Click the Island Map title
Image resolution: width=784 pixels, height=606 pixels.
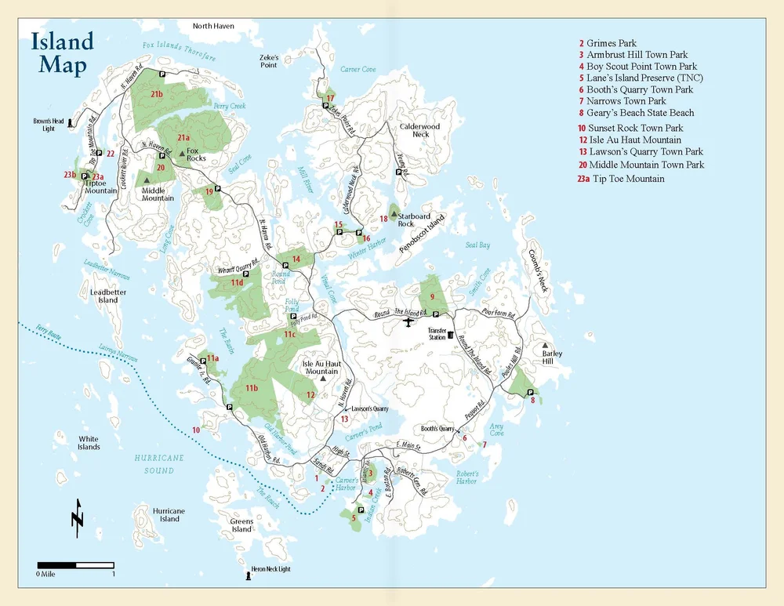[x=62, y=53]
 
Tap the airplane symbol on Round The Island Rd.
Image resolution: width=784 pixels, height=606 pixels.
[x=407, y=321]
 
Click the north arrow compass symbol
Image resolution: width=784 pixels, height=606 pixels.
[x=77, y=518]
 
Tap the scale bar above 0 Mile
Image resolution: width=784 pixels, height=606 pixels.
[x=76, y=564]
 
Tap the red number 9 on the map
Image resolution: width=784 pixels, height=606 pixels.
[x=432, y=296]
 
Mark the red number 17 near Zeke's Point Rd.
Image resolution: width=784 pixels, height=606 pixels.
[x=330, y=98]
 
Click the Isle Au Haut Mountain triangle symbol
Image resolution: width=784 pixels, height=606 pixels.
[x=322, y=379]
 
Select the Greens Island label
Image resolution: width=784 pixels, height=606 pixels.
[x=241, y=525]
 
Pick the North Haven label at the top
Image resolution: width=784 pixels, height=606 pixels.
[x=213, y=26]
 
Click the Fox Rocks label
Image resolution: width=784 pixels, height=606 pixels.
[x=196, y=154]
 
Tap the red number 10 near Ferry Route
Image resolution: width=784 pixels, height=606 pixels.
[x=196, y=430]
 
